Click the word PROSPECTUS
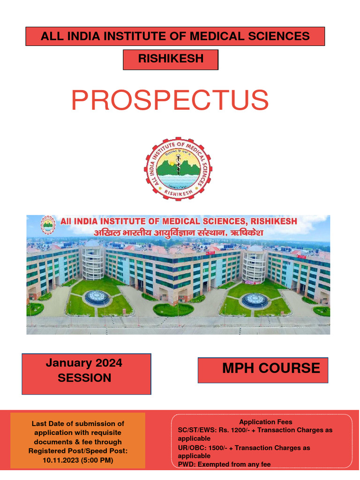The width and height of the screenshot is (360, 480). click(x=170, y=101)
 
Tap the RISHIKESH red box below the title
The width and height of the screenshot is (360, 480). click(x=171, y=59)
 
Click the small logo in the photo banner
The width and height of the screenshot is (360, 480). click(x=48, y=225)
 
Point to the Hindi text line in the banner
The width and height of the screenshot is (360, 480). click(x=162, y=232)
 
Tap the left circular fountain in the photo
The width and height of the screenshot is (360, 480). click(x=97, y=297)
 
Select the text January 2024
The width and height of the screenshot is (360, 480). click(x=84, y=363)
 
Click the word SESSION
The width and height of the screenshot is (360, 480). click(x=84, y=378)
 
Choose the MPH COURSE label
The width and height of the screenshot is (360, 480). click(x=271, y=368)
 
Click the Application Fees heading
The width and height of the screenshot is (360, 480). click(x=265, y=422)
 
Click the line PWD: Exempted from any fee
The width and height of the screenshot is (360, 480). click(x=224, y=464)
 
